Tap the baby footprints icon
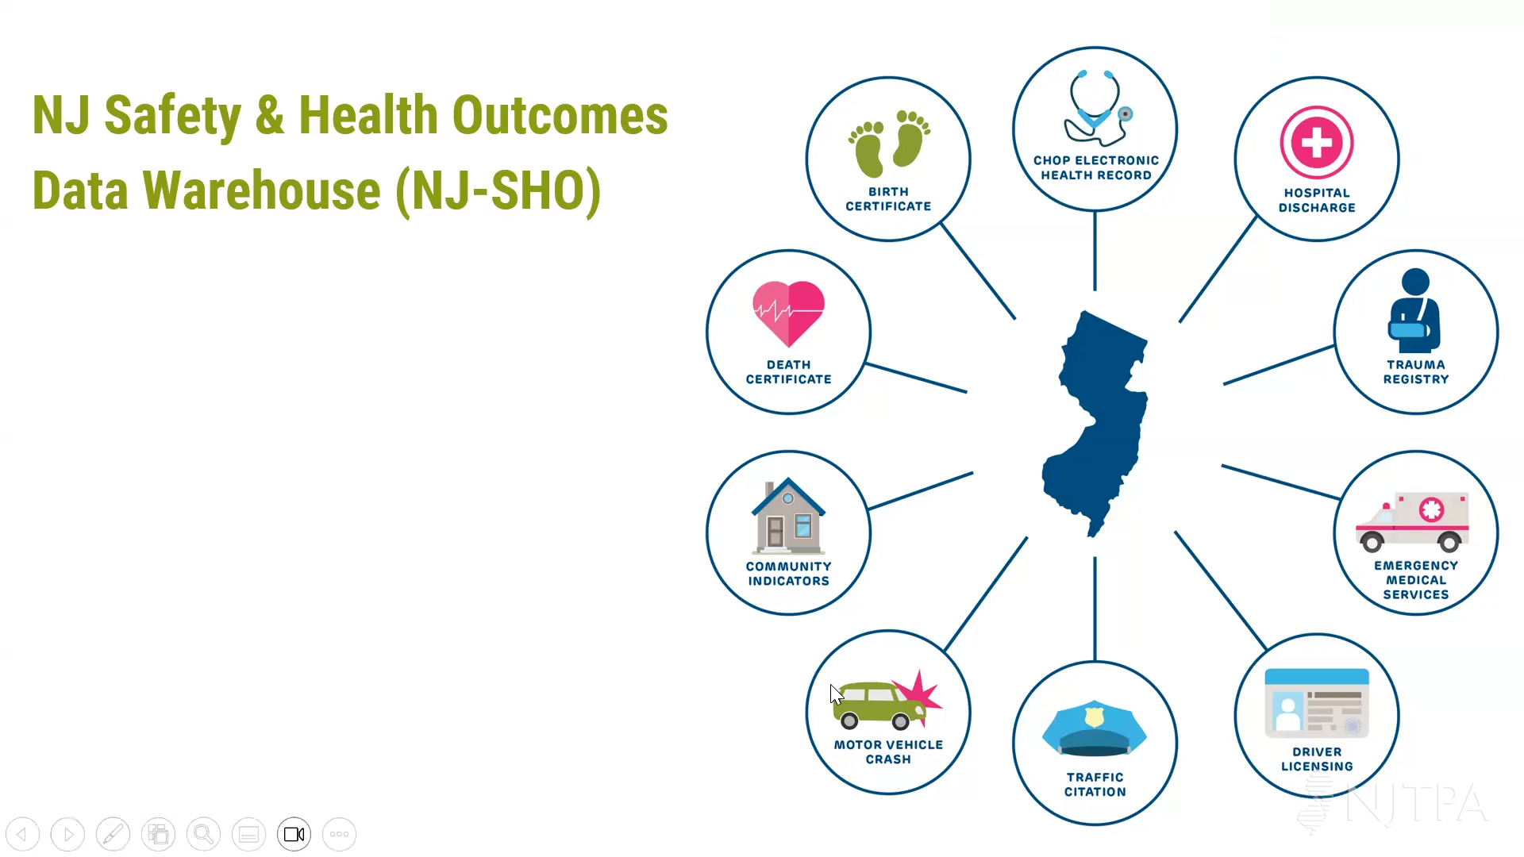pos(889,144)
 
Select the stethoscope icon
pos(1097,108)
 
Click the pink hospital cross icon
pos(1317,143)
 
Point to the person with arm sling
pos(1414,311)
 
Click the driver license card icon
pos(1317,701)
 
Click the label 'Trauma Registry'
pos(1416,372)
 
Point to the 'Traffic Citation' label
pos(1095,785)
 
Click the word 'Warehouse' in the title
pos(262,190)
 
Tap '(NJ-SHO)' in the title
pos(498,191)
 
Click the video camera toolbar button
pos(294,834)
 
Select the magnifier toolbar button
pos(204,834)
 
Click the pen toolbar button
pos(114,834)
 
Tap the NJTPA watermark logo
pos(1393,803)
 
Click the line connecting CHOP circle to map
pos(1095,251)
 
